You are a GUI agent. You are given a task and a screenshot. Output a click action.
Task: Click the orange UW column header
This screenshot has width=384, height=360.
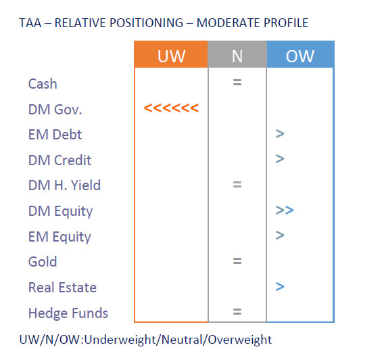(171, 54)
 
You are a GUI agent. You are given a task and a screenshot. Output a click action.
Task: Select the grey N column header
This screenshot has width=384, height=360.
(237, 54)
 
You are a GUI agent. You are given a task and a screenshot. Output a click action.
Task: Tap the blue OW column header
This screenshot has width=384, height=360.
(300, 54)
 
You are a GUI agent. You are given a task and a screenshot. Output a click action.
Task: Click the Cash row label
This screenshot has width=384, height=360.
(43, 84)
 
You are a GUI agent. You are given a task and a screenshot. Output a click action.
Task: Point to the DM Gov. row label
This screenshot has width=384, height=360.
(55, 110)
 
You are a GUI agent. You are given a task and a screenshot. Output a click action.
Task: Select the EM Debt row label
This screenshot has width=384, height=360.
(55, 135)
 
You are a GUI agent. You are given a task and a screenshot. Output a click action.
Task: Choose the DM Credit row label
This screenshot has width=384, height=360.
(59, 160)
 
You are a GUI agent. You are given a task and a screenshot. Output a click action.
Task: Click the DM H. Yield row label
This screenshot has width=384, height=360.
(64, 185)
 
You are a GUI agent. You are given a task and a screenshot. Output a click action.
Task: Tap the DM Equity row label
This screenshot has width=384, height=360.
(60, 212)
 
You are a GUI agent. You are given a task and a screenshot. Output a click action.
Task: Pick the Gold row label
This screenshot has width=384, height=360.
(43, 261)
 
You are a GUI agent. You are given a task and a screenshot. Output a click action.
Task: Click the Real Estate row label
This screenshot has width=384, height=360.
(62, 287)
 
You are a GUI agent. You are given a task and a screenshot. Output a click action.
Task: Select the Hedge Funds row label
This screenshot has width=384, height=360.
(68, 313)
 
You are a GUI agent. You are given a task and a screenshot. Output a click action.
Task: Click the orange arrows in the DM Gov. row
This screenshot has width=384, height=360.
(171, 108)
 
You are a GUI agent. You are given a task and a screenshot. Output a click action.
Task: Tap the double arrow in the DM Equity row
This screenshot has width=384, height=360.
(285, 210)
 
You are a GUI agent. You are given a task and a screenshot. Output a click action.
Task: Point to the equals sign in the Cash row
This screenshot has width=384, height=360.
(237, 83)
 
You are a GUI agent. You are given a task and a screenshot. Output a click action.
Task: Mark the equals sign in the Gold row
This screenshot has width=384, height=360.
(237, 261)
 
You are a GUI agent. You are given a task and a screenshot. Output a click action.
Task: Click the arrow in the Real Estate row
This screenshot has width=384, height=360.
(280, 286)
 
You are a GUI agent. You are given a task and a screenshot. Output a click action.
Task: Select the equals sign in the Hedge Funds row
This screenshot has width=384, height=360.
(237, 311)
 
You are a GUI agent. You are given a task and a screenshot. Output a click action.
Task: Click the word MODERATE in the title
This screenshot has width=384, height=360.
(228, 23)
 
